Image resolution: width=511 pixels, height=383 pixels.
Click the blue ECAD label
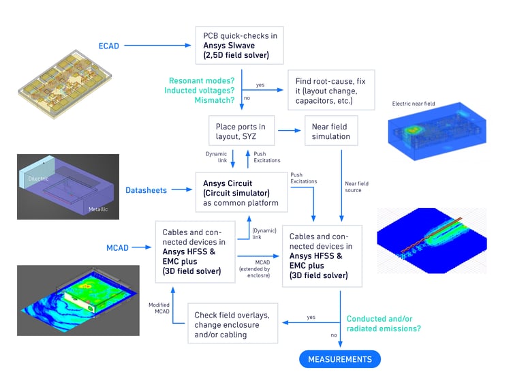click(x=109, y=46)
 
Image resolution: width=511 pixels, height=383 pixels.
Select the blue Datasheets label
click(x=146, y=190)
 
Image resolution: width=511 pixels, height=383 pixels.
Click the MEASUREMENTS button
click(x=340, y=359)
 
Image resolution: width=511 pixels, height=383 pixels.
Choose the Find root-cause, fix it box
click(x=330, y=90)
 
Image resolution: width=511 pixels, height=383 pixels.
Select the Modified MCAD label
click(x=158, y=309)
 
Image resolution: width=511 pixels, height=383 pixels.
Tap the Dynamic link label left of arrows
click(x=216, y=157)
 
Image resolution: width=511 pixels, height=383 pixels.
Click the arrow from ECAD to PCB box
click(x=157, y=46)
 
